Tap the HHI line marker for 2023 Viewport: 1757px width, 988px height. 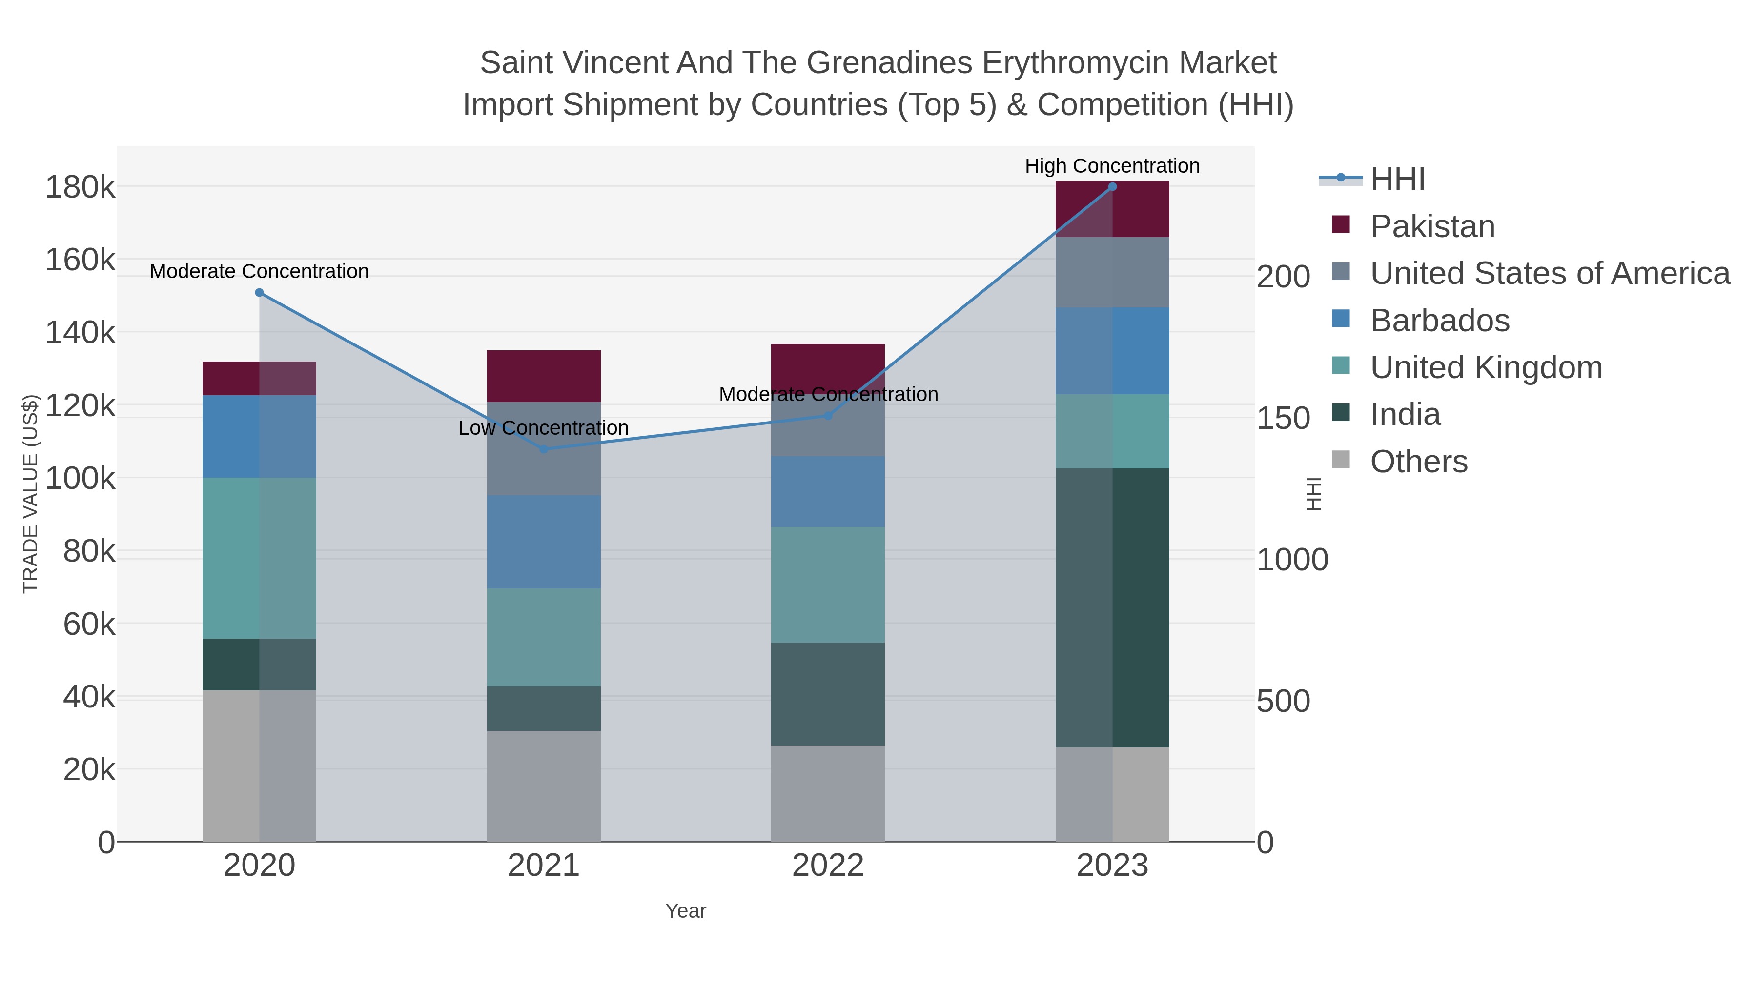click(1112, 186)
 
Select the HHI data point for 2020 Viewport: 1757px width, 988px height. click(259, 293)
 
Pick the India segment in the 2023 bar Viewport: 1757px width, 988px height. click(1112, 607)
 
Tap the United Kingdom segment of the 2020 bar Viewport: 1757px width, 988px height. click(259, 557)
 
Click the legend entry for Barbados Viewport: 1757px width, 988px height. click(1439, 320)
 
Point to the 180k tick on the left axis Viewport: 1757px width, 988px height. click(80, 187)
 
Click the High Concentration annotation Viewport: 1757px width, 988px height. click(1112, 166)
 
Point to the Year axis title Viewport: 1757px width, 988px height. click(686, 910)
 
